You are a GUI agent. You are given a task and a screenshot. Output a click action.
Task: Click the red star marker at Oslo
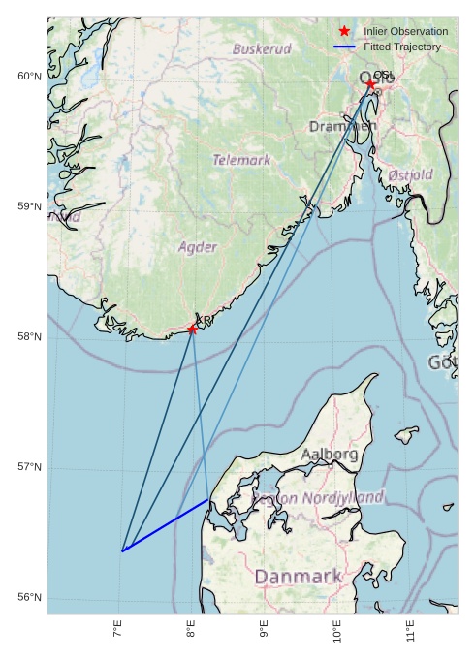click(370, 84)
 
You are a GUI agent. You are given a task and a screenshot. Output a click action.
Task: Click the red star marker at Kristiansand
click(192, 330)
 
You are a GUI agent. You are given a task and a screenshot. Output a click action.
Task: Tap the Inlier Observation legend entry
click(405, 31)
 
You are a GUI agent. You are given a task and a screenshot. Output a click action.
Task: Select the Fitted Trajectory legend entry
click(401, 47)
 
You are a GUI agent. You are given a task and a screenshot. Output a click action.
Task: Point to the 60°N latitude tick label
click(30, 77)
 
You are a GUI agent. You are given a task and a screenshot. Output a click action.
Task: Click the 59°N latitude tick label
click(30, 206)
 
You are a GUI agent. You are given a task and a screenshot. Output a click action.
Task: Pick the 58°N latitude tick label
click(30, 337)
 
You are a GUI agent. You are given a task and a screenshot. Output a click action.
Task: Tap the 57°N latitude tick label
click(30, 467)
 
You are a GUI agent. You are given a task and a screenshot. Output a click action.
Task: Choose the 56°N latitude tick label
click(30, 597)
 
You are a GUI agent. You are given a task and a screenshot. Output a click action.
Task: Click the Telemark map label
click(241, 160)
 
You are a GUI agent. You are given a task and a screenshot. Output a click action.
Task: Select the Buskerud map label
click(262, 48)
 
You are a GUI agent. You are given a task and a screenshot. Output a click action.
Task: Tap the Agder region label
click(198, 247)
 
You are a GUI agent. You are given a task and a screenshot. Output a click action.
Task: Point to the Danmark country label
click(298, 577)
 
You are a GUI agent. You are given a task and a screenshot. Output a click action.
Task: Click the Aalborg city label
click(330, 454)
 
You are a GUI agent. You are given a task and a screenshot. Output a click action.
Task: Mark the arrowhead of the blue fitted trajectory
click(124, 550)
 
